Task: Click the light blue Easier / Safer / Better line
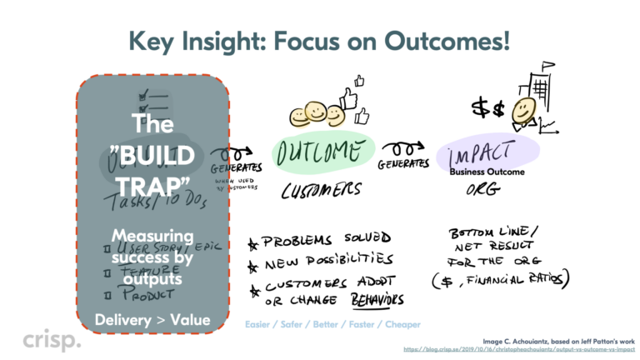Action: (332, 323)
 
